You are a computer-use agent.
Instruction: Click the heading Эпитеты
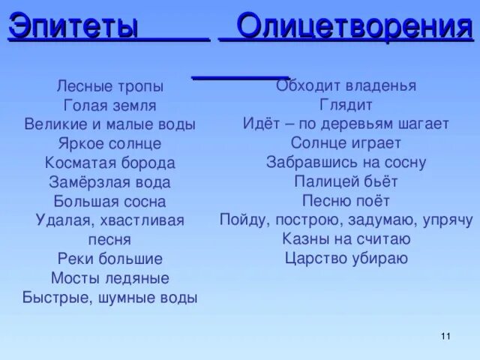click(73, 26)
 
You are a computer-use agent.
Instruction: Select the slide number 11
click(445, 335)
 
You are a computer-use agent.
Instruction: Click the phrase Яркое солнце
click(109, 143)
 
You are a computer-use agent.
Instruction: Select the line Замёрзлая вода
click(109, 182)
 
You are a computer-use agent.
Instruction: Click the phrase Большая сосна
click(109, 202)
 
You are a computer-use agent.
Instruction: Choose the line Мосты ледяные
click(109, 278)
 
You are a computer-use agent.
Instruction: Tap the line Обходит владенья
click(346, 85)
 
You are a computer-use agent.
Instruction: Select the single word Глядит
click(346, 105)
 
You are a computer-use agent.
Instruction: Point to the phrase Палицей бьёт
click(346, 181)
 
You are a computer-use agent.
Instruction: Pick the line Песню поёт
click(346, 201)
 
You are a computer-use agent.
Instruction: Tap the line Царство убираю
click(346, 259)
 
